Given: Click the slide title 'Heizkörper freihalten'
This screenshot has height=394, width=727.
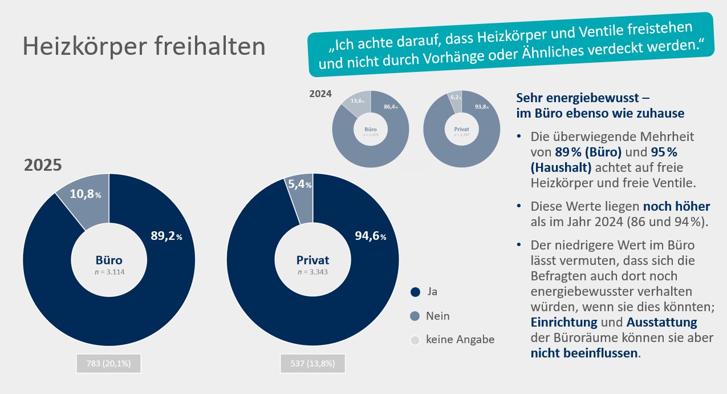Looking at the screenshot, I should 144,46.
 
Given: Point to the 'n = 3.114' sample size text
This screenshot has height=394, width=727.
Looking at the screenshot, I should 109,272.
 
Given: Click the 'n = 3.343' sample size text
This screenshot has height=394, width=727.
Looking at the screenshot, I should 313,272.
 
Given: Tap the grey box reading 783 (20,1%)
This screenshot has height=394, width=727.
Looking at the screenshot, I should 108,364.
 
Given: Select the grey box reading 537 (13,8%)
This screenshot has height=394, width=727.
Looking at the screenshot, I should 313,364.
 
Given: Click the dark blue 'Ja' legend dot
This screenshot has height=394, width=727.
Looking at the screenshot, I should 415,292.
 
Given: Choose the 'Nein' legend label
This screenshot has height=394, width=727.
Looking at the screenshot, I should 438,316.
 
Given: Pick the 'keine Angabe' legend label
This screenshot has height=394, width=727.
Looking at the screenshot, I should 460,339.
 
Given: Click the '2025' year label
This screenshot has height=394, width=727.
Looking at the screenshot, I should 43,165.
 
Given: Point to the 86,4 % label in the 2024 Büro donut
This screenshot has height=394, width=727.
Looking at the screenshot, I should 391,107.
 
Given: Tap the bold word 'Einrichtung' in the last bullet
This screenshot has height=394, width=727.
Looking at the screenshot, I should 564,321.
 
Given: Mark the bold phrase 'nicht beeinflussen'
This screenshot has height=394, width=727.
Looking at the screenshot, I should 584,353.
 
